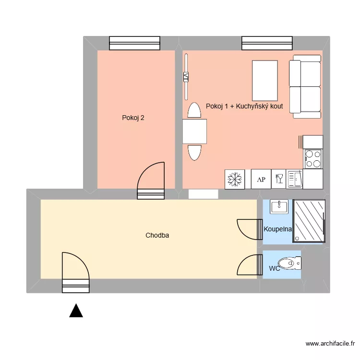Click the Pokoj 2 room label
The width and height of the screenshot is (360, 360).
(x=133, y=117)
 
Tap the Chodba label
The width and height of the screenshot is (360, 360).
(x=157, y=235)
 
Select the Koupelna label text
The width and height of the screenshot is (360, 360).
(x=278, y=229)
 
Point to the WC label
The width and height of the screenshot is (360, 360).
(x=275, y=268)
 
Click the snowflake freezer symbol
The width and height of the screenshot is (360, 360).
(x=235, y=180)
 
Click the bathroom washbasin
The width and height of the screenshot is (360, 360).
(x=278, y=206)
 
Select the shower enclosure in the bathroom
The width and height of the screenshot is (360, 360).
(x=309, y=220)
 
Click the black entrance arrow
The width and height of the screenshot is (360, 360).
(x=76, y=311)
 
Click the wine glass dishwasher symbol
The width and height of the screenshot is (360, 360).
(x=278, y=180)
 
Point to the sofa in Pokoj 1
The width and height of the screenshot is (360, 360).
(x=305, y=86)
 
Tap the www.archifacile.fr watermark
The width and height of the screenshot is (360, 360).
(x=330, y=344)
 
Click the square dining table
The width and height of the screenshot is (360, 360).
(x=194, y=132)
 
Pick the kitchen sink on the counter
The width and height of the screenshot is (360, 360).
(x=294, y=179)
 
